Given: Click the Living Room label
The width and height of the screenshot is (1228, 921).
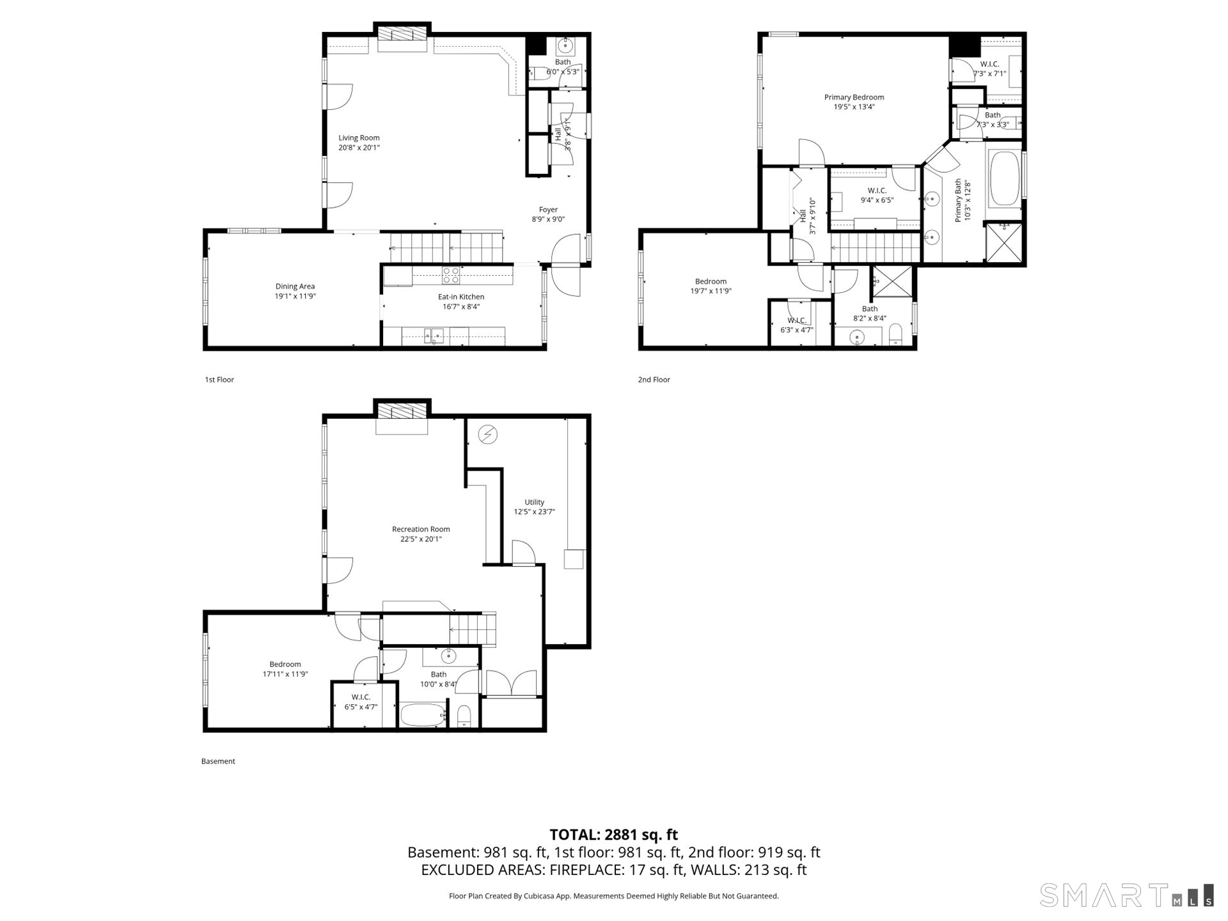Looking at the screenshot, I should tap(359, 138).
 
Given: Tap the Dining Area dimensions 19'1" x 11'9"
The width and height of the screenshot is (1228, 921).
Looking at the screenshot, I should tap(295, 296).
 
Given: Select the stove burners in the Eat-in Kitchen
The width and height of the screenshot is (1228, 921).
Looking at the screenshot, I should tap(451, 275).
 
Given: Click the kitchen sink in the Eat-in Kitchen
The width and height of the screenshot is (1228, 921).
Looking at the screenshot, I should tap(434, 335).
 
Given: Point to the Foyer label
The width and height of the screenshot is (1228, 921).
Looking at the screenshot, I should tap(548, 209).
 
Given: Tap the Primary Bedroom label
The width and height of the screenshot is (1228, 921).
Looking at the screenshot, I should tap(854, 97).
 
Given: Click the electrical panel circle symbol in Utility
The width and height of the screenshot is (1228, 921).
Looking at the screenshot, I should tap(488, 435).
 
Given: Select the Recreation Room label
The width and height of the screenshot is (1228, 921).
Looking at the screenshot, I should tap(421, 529).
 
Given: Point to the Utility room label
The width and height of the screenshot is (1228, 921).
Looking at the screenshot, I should tap(534, 502).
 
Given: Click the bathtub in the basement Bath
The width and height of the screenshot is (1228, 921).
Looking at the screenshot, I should tap(422, 715).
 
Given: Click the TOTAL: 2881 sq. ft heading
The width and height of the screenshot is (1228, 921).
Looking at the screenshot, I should tap(613, 835).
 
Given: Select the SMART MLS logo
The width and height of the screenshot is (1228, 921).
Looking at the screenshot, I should tap(1126, 895).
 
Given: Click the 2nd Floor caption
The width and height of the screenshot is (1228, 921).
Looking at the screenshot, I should tap(654, 379).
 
